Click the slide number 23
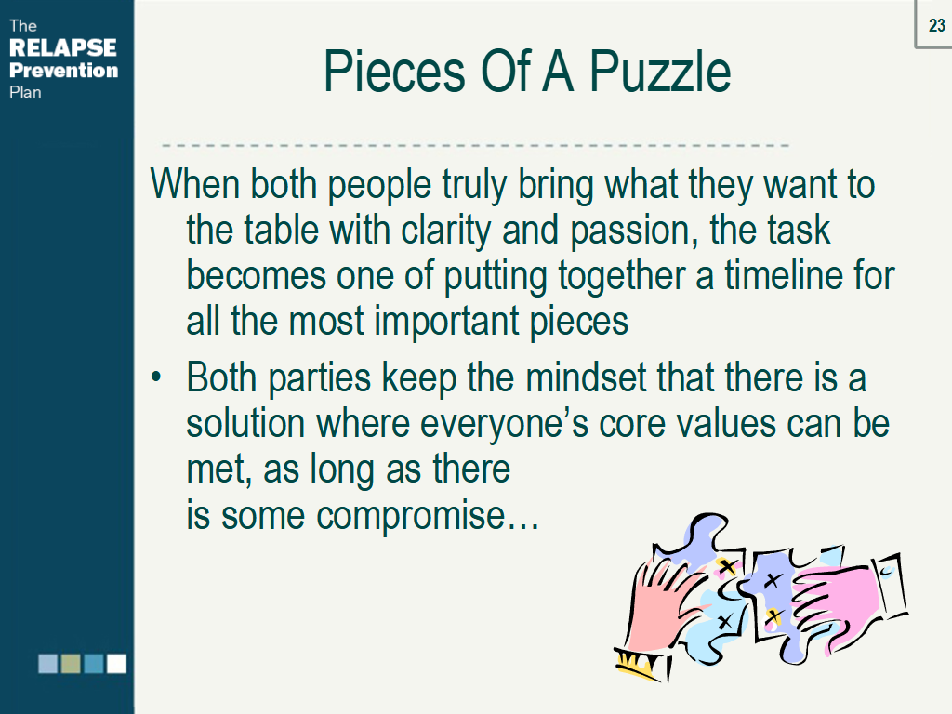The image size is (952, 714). [936, 25]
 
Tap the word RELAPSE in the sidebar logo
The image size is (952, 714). [63, 48]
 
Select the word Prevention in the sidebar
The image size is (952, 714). [63, 71]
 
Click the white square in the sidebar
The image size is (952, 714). [116, 663]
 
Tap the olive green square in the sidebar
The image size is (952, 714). [71, 663]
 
